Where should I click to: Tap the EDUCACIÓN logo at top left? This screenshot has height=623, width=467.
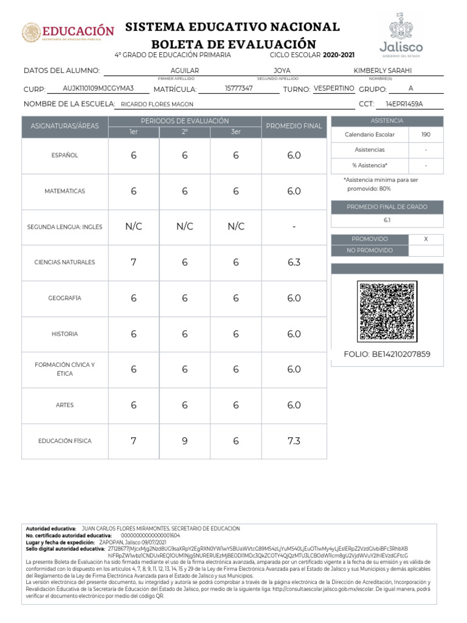(68, 32)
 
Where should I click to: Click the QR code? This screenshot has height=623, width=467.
(387, 311)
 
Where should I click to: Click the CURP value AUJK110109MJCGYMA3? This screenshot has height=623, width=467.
(99, 88)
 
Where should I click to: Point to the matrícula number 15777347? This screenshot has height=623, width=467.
(239, 88)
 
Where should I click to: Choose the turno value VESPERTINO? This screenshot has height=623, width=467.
(334, 88)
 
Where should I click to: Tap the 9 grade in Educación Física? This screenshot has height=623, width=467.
(185, 440)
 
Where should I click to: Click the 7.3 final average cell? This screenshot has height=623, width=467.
(294, 440)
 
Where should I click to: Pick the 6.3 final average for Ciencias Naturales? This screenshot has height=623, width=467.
(294, 262)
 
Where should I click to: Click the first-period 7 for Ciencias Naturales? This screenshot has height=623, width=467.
(134, 262)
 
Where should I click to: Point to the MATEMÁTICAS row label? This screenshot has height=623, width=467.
(64, 191)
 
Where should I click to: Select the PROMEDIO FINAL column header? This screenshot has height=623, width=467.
(294, 126)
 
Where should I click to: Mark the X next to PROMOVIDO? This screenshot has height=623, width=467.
(426, 239)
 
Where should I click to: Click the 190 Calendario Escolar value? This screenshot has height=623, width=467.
(426, 134)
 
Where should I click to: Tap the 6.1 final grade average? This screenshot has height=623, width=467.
(387, 220)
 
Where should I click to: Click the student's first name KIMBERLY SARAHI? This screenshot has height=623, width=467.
(382, 71)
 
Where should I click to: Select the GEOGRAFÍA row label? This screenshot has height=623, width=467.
(64, 298)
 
